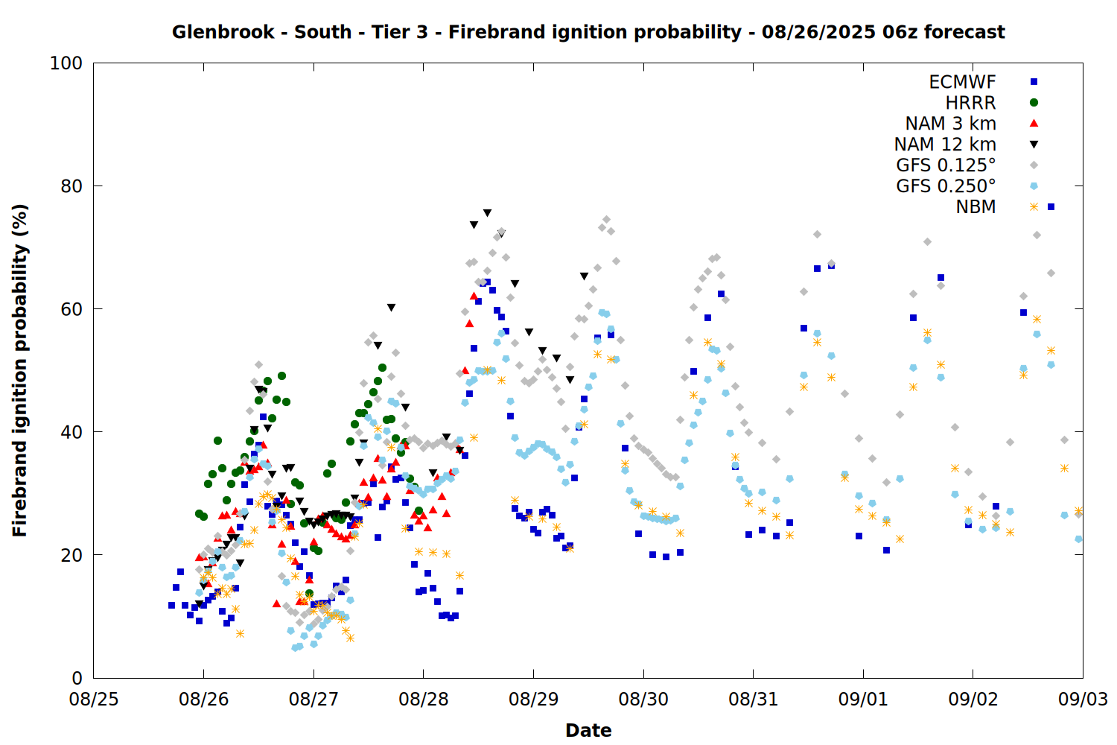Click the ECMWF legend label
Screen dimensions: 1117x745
[962, 82]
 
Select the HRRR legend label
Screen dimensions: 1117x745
[970, 103]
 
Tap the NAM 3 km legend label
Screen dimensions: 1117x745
[950, 123]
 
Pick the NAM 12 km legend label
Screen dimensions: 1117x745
[945, 145]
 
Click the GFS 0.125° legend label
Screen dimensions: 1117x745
[946, 165]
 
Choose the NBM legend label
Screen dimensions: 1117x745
[976, 206]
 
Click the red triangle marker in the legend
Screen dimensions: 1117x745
[1034, 123]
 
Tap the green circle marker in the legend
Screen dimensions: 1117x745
[1034, 103]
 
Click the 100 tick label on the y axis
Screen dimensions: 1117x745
[66, 63]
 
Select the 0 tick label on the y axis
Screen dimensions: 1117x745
[77, 678]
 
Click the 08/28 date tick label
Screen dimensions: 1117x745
[424, 699]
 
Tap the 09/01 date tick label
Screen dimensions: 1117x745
[863, 699]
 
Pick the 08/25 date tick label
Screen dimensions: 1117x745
[94, 699]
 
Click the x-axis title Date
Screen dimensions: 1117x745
[588, 731]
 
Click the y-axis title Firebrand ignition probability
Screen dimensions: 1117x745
[19, 371]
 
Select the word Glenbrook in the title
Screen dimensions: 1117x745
[223, 32]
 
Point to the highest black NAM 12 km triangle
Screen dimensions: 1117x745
[487, 213]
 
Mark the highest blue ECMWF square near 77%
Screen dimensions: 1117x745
[1051, 206]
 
